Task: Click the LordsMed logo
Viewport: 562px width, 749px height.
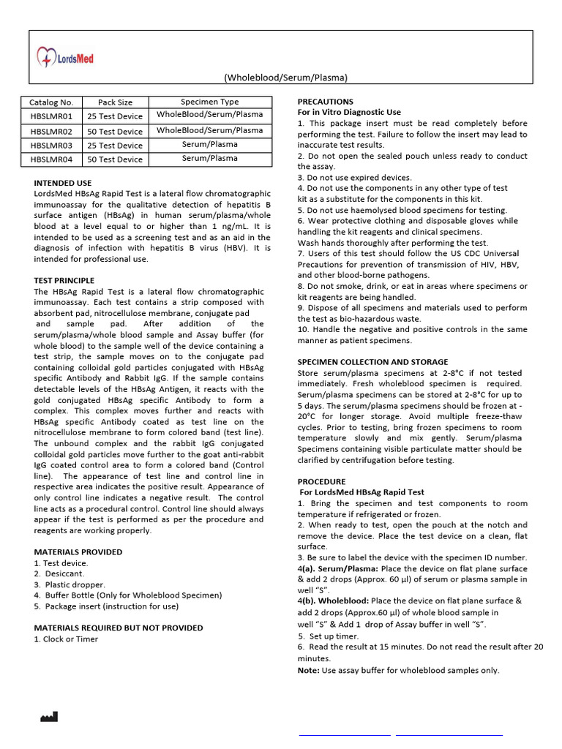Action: (66, 57)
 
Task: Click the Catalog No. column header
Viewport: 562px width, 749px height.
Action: (51, 102)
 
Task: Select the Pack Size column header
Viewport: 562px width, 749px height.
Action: (115, 102)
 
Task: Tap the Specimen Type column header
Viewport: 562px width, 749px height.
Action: (209, 102)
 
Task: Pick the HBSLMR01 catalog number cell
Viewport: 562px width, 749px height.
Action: (51, 116)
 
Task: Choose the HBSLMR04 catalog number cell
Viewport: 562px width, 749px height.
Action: (51, 159)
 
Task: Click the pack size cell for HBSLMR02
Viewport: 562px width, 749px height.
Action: (115, 132)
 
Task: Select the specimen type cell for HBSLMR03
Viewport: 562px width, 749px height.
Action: (209, 145)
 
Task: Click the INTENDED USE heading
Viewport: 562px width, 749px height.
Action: (63, 183)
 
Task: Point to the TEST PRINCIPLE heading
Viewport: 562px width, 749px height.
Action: (64, 280)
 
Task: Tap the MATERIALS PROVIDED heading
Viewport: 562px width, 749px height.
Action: (78, 552)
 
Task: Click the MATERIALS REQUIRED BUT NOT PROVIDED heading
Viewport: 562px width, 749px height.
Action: (119, 628)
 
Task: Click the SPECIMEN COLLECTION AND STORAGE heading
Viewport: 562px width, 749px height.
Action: (372, 362)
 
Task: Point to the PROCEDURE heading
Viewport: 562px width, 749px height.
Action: (321, 481)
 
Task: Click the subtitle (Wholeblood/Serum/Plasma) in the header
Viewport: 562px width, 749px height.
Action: (285, 78)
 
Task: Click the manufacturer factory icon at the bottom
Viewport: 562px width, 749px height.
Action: (48, 717)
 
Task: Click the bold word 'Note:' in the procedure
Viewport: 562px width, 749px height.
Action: (309, 670)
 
